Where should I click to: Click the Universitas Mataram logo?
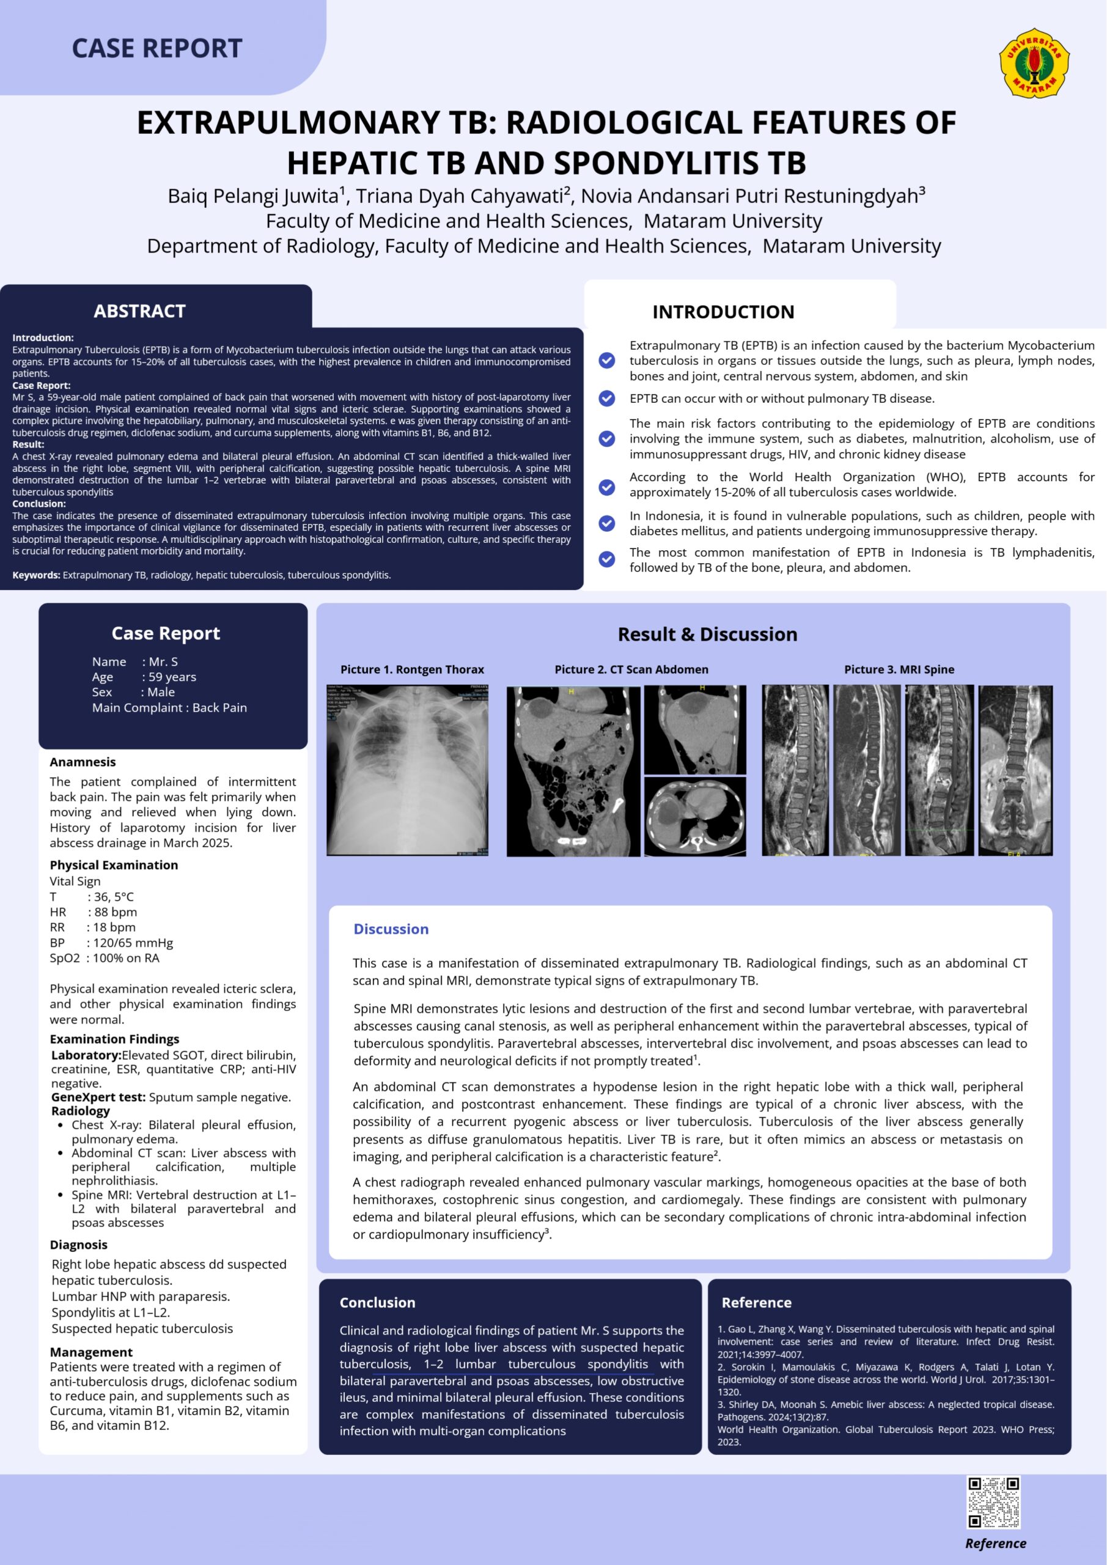(1034, 63)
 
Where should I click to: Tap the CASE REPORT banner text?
(156, 48)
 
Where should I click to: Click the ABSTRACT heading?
(140, 312)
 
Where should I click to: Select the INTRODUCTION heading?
(723, 312)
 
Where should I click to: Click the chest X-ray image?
(407, 770)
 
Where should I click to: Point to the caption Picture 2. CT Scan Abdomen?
(631, 669)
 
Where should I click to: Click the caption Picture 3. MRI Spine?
(899, 669)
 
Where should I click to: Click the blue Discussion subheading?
(391, 929)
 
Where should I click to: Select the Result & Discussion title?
(707, 634)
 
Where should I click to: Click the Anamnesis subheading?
(83, 762)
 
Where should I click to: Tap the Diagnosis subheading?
(78, 1245)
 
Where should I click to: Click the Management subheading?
(90, 1352)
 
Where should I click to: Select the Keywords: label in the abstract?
(36, 575)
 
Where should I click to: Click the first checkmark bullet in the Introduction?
(606, 361)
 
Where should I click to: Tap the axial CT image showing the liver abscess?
(694, 817)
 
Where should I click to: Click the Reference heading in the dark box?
(756, 1303)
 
